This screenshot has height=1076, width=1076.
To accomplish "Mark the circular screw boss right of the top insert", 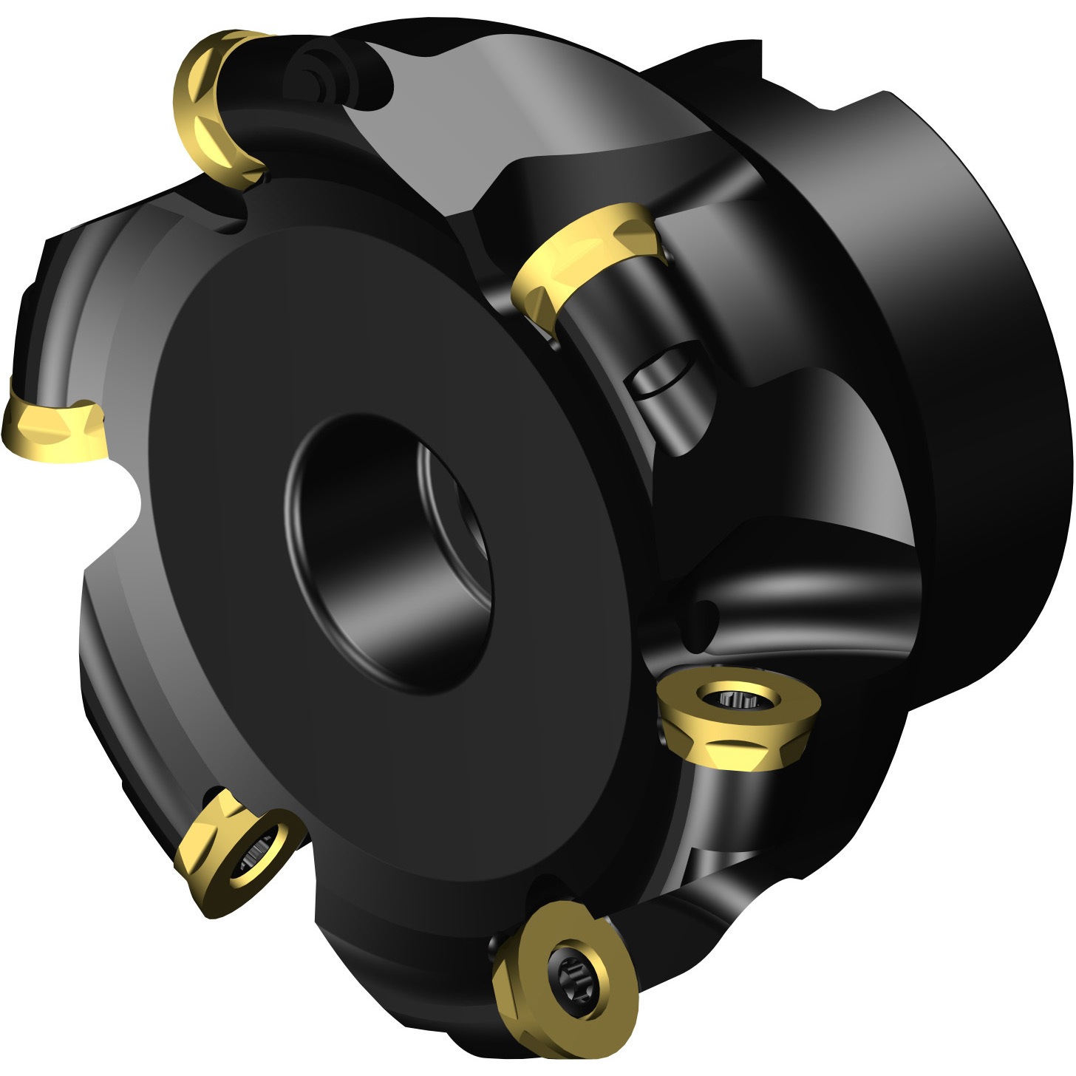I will pos(314,70).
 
